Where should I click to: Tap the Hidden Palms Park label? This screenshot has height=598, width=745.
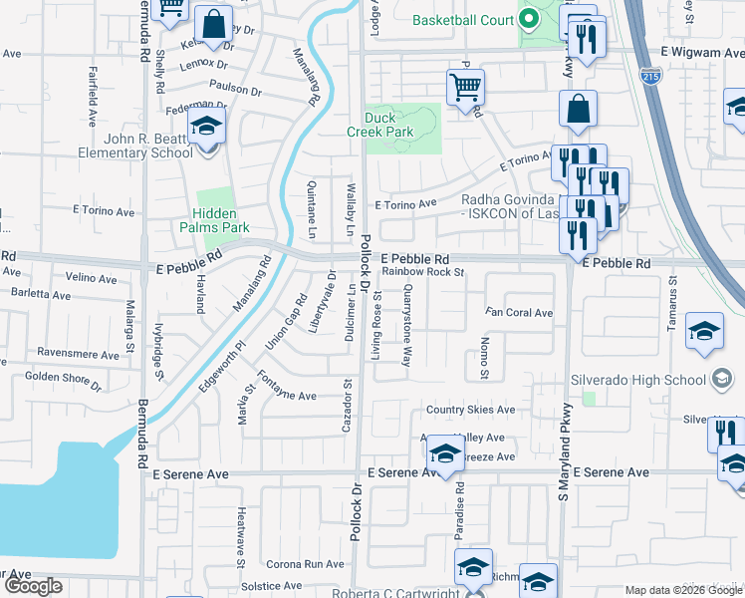(214, 220)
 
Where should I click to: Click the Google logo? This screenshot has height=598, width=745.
(34, 586)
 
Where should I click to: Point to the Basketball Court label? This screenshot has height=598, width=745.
(461, 20)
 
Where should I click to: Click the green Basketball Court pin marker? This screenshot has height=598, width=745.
(529, 20)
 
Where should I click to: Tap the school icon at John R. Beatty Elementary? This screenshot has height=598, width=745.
(207, 127)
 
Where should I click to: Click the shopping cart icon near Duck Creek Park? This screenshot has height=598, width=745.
(465, 88)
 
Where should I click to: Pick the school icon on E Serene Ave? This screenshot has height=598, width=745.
(444, 455)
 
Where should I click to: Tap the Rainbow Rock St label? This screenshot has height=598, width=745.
(423, 271)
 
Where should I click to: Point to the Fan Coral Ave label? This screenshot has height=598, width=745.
(518, 313)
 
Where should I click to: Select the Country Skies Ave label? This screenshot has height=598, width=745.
(470, 410)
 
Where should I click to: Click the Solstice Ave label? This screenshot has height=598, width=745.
(271, 586)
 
